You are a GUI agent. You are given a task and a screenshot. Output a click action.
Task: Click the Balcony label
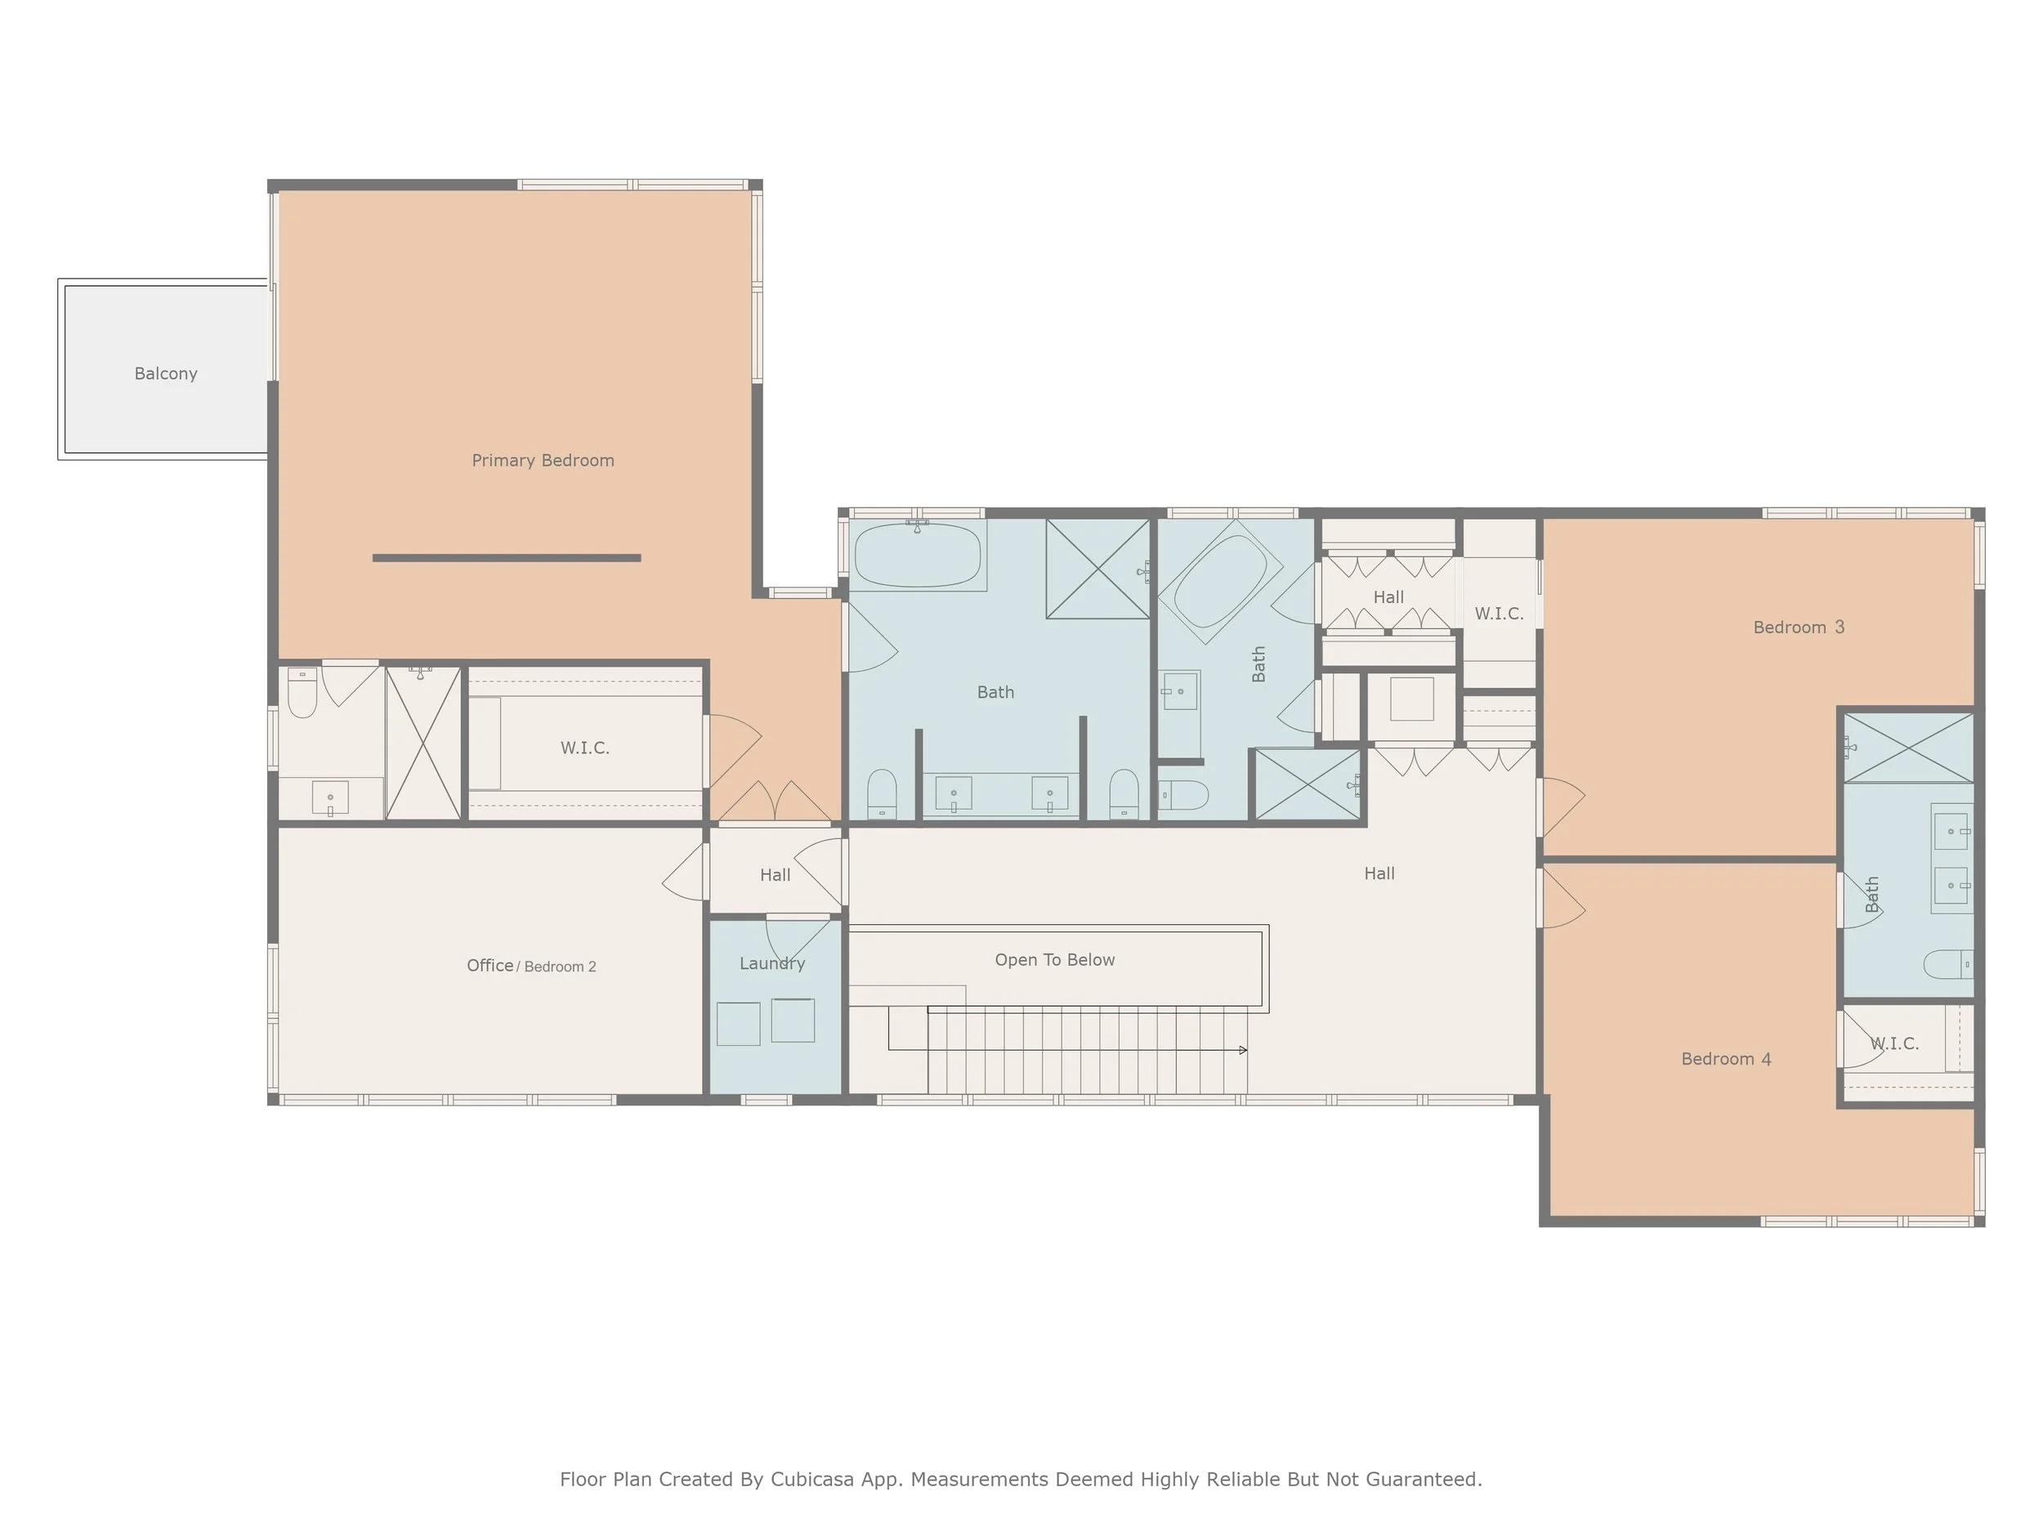(x=165, y=373)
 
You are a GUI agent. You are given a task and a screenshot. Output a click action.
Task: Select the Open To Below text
(x=1054, y=959)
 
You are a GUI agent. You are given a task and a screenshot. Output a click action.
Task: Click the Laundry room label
(x=772, y=963)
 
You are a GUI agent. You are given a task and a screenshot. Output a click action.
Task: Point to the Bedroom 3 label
(x=1797, y=627)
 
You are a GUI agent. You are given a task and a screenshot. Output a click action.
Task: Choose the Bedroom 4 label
(x=1725, y=1058)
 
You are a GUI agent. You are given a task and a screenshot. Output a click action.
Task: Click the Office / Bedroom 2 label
(x=531, y=965)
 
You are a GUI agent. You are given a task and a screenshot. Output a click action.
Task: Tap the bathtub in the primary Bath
(x=917, y=556)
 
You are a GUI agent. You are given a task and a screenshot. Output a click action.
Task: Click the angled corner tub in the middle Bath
(x=1220, y=582)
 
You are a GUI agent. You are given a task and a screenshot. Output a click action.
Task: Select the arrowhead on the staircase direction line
(x=1243, y=1050)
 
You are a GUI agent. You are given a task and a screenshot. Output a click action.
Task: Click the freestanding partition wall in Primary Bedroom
(x=506, y=558)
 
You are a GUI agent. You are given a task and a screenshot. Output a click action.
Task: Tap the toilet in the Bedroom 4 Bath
(x=1947, y=964)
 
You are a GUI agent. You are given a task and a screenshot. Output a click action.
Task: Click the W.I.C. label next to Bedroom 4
(x=1894, y=1043)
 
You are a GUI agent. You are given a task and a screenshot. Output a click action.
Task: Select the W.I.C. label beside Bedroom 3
(x=1498, y=613)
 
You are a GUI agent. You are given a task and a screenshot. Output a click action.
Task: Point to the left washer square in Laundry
(x=738, y=1023)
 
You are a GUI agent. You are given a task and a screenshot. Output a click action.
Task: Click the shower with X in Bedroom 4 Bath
(x=1908, y=747)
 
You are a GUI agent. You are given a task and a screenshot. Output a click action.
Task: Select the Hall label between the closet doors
(x=1388, y=597)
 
